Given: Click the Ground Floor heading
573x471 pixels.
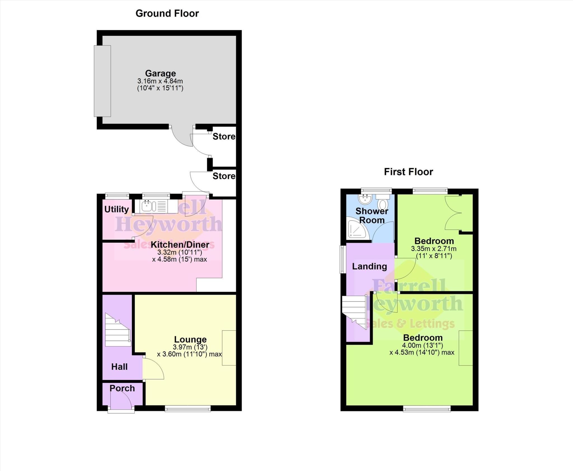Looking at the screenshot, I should coord(167,13).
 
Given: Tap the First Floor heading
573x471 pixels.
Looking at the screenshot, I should coord(408,172).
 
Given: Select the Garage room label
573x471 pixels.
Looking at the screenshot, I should coord(160,73).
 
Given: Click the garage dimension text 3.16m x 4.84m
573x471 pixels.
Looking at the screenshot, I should coord(160,81).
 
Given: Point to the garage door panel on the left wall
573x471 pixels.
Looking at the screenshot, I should coord(102,81).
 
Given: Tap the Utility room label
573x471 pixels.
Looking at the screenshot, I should coord(116,209).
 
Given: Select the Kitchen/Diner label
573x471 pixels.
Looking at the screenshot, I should coord(180,244).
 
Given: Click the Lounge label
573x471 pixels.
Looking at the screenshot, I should coord(190,339).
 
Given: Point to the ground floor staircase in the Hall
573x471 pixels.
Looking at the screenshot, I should coord(118,330).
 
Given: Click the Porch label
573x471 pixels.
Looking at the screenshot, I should coord(122,388).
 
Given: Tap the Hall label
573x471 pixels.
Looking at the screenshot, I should coord(119,367).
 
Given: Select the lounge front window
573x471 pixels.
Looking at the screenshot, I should coord(187,409).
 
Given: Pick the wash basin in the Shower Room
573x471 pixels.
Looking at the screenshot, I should coord(365,199).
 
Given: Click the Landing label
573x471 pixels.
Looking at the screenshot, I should coord(369,266).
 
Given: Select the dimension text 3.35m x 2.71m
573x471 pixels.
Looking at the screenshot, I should coord(433,249).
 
